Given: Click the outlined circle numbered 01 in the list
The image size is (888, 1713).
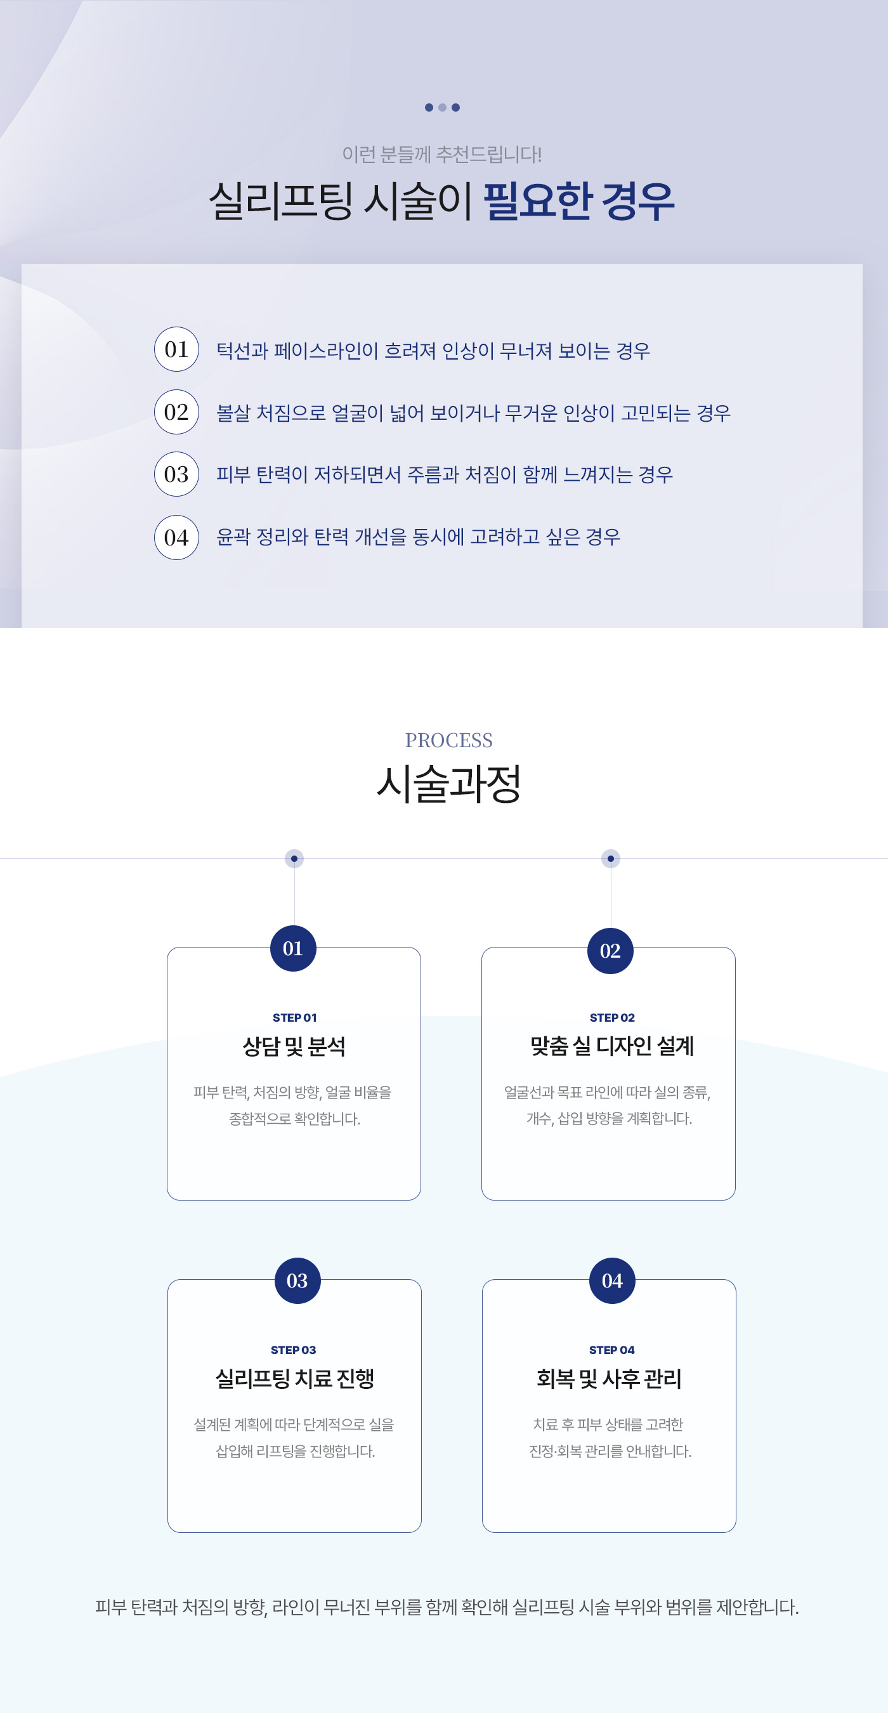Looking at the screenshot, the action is (176, 349).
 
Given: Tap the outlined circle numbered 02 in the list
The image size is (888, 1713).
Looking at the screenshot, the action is (176, 412).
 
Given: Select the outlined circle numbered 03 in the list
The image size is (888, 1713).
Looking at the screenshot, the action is (176, 474).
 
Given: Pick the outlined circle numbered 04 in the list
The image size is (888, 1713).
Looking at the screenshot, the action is (176, 537).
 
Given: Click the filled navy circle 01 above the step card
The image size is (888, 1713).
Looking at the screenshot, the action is (293, 948).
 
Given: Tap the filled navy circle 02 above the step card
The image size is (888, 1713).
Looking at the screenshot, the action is (611, 951).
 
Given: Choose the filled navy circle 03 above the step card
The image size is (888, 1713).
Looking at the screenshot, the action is (297, 1280).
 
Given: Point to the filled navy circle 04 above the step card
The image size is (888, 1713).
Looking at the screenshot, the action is (612, 1280).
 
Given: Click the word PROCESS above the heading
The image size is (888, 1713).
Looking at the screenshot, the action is (449, 740).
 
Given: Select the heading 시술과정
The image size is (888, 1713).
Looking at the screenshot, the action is (449, 783).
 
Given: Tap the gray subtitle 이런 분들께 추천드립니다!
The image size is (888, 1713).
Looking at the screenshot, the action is (441, 154).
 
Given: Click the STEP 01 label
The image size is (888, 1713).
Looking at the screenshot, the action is (295, 1017).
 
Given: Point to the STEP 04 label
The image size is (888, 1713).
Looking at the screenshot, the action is (612, 1350).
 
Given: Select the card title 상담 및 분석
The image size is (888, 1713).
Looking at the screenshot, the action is (294, 1046).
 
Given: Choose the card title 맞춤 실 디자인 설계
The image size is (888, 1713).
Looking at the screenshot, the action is (612, 1046).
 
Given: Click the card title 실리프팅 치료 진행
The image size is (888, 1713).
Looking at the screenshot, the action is (295, 1379).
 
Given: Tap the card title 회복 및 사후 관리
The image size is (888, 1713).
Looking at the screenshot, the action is (610, 1379).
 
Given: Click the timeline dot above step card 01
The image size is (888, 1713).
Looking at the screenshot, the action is (294, 859).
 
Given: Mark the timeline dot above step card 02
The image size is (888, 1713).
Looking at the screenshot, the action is (611, 859).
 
